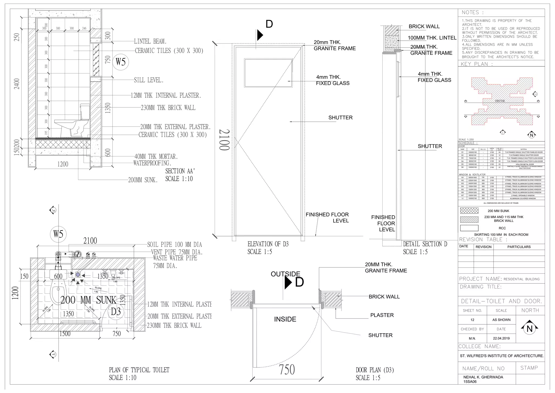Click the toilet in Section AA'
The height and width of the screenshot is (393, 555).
pos(75,122)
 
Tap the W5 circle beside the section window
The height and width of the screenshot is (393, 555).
pos(121,62)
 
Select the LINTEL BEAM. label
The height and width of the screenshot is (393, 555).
pos(150,41)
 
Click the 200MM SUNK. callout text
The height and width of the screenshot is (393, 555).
pos(143,180)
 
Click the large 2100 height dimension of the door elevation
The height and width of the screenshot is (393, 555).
pos(224,139)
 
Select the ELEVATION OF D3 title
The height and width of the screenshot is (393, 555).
pos(268,244)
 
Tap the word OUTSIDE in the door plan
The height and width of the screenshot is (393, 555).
pos(285,274)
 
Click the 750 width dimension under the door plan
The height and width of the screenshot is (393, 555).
pos(287,369)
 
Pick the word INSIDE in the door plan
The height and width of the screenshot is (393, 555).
pos(285,319)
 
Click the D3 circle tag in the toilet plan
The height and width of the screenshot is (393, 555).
pos(116,311)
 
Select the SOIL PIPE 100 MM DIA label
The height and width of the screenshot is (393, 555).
pos(175,245)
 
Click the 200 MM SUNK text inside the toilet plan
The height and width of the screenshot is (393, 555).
pos(88,300)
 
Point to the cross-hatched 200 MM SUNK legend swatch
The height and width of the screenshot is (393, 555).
pos(469,211)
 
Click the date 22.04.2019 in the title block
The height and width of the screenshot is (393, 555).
pos(501,338)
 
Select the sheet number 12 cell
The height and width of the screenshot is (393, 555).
pos(472,320)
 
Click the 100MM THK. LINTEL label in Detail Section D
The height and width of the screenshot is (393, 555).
pos(432,38)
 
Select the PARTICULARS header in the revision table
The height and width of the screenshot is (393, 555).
pos(519,247)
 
